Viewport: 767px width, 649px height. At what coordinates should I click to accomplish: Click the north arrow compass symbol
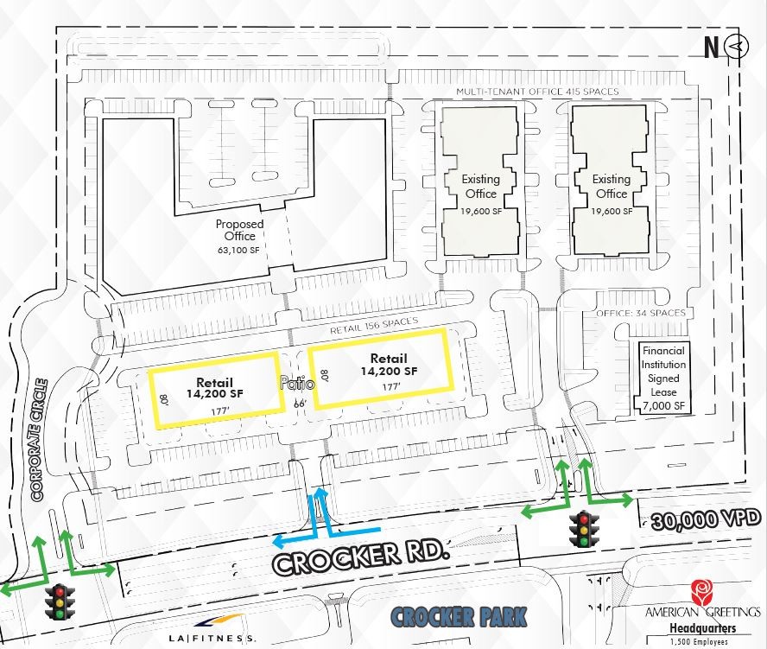click(x=737, y=48)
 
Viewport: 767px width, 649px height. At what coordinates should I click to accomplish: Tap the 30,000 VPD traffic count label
click(x=707, y=519)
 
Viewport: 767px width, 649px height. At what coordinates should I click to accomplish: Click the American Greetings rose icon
click(x=701, y=593)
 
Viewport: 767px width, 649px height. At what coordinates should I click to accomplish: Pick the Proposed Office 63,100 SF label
click(x=239, y=237)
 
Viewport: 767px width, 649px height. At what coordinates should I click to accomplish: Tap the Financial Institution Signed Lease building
click(x=663, y=378)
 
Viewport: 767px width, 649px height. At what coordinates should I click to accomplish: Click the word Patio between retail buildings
click(x=293, y=385)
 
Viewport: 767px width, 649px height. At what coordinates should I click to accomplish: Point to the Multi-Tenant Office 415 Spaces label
click(x=538, y=92)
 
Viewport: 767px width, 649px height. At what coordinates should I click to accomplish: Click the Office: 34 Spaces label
click(x=641, y=313)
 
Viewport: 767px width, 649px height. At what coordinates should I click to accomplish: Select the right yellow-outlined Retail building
click(x=379, y=367)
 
